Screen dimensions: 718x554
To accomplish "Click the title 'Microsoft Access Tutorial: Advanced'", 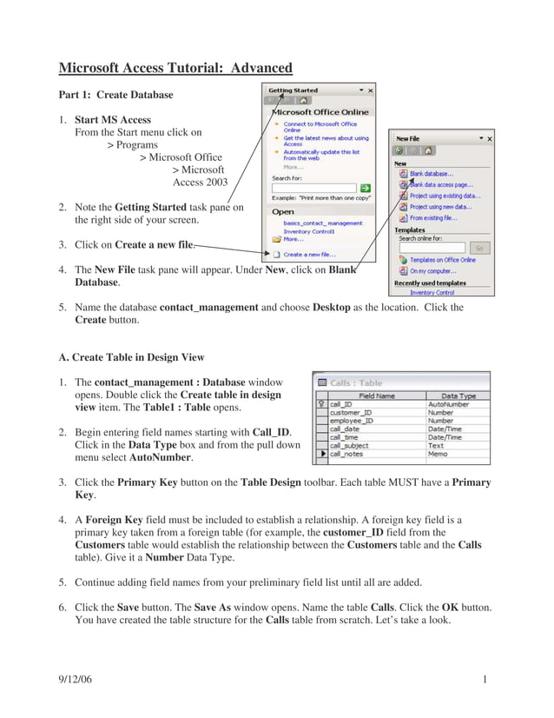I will click(175, 68).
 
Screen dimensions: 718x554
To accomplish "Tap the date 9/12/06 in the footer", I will click(75, 679).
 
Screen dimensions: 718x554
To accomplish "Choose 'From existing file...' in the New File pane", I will click(433, 217).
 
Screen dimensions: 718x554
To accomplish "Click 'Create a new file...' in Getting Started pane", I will click(308, 255).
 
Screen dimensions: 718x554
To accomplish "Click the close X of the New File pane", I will click(489, 138).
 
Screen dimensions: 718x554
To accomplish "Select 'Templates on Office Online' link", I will click(442, 260).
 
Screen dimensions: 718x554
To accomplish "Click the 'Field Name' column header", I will click(377, 395).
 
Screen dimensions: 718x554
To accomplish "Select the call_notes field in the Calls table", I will click(346, 454).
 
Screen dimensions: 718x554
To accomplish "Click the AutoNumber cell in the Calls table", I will click(449, 404).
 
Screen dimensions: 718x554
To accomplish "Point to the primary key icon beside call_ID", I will click(321, 404).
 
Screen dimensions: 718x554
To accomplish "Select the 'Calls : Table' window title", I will click(356, 382).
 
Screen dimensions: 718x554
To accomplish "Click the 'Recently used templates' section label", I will click(430, 283).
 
